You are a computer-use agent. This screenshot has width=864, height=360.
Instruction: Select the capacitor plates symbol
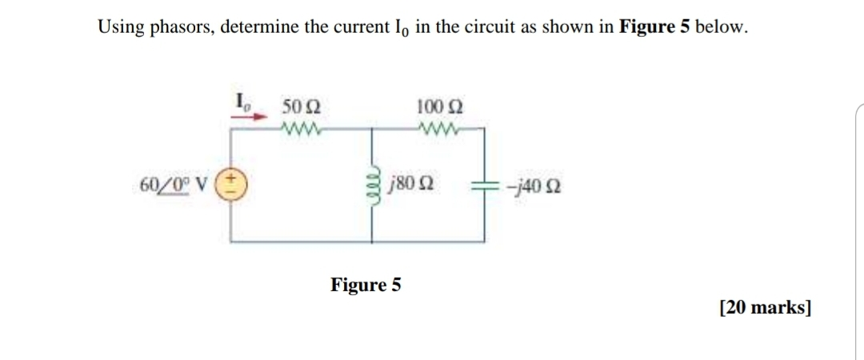tap(484, 190)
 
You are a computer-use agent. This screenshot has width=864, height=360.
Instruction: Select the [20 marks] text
tap(765, 307)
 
